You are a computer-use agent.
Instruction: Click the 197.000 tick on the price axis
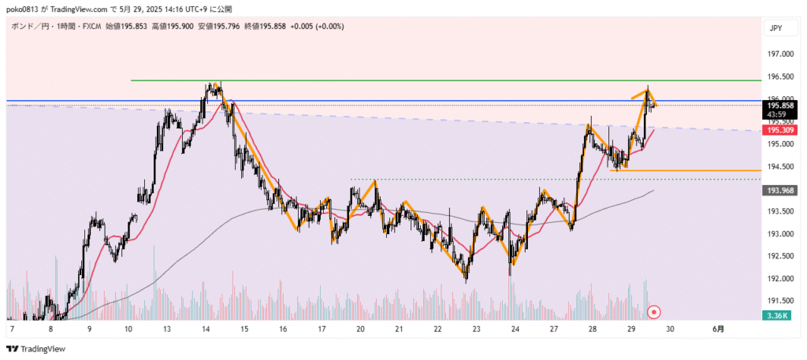781,54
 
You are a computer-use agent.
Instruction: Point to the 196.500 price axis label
781,77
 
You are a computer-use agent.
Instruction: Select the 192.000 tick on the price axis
781,279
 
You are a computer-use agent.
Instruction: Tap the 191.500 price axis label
781,301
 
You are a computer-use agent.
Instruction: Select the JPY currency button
775,28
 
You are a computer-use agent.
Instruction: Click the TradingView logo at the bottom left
35,348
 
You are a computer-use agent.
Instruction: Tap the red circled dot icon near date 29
653,312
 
